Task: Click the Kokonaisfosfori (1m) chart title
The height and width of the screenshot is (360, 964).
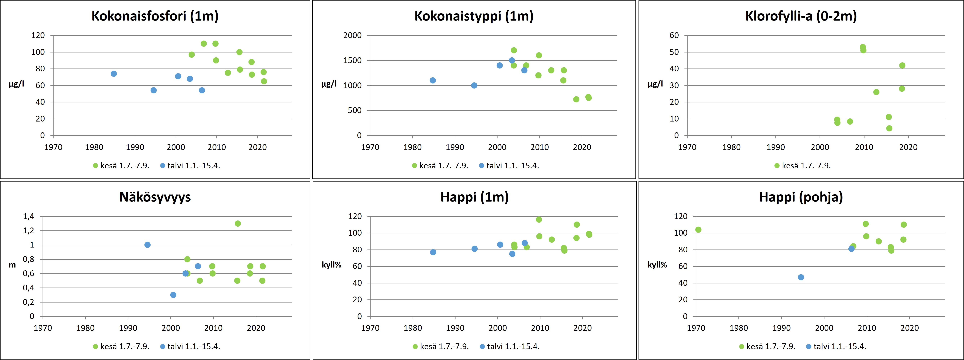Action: (x=155, y=16)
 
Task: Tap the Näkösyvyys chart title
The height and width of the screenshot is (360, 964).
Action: (x=155, y=197)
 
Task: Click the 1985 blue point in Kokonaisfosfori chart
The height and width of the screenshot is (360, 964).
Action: (x=114, y=74)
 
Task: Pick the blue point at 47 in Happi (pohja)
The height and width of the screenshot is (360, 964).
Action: (x=801, y=277)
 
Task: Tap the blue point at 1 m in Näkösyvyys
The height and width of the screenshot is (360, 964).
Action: (x=148, y=245)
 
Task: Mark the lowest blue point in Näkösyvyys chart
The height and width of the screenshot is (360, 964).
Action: (x=173, y=295)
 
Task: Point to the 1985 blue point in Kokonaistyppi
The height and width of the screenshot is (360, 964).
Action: (x=433, y=80)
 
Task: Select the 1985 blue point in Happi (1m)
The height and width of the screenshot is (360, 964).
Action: (x=433, y=252)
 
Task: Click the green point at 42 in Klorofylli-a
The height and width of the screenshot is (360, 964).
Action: (x=902, y=65)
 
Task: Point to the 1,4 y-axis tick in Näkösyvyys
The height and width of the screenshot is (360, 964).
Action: (x=28, y=216)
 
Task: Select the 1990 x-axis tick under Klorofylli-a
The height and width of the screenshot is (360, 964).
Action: (x=776, y=147)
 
